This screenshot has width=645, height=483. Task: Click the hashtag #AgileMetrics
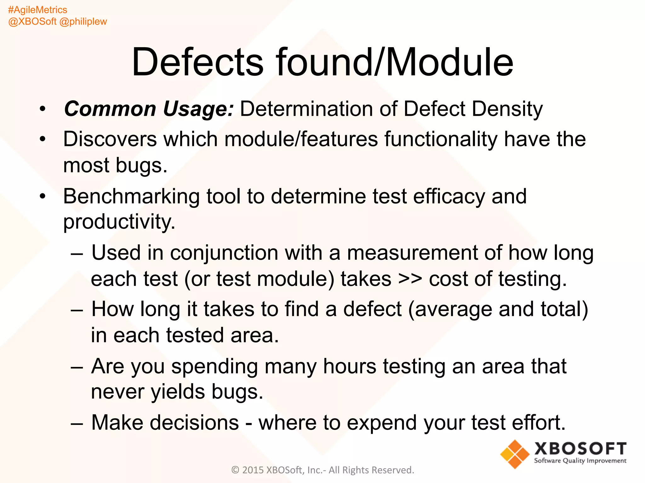(x=37, y=10)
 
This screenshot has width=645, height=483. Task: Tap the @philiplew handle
(x=83, y=21)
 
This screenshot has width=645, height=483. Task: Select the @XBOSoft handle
(x=32, y=21)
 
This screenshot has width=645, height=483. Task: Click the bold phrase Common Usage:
(x=149, y=109)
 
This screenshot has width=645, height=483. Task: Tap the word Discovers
(x=110, y=139)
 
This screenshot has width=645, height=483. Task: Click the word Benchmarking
(x=131, y=196)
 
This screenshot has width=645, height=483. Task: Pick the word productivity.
(x=119, y=222)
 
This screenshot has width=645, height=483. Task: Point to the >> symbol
(x=410, y=279)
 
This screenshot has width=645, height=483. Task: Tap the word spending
(x=214, y=366)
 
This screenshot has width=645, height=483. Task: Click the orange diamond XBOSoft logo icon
(x=515, y=454)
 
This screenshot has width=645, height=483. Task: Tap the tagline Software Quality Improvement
(x=580, y=461)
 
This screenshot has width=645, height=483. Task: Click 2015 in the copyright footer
(x=253, y=470)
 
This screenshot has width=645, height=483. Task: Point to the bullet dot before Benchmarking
(x=43, y=196)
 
